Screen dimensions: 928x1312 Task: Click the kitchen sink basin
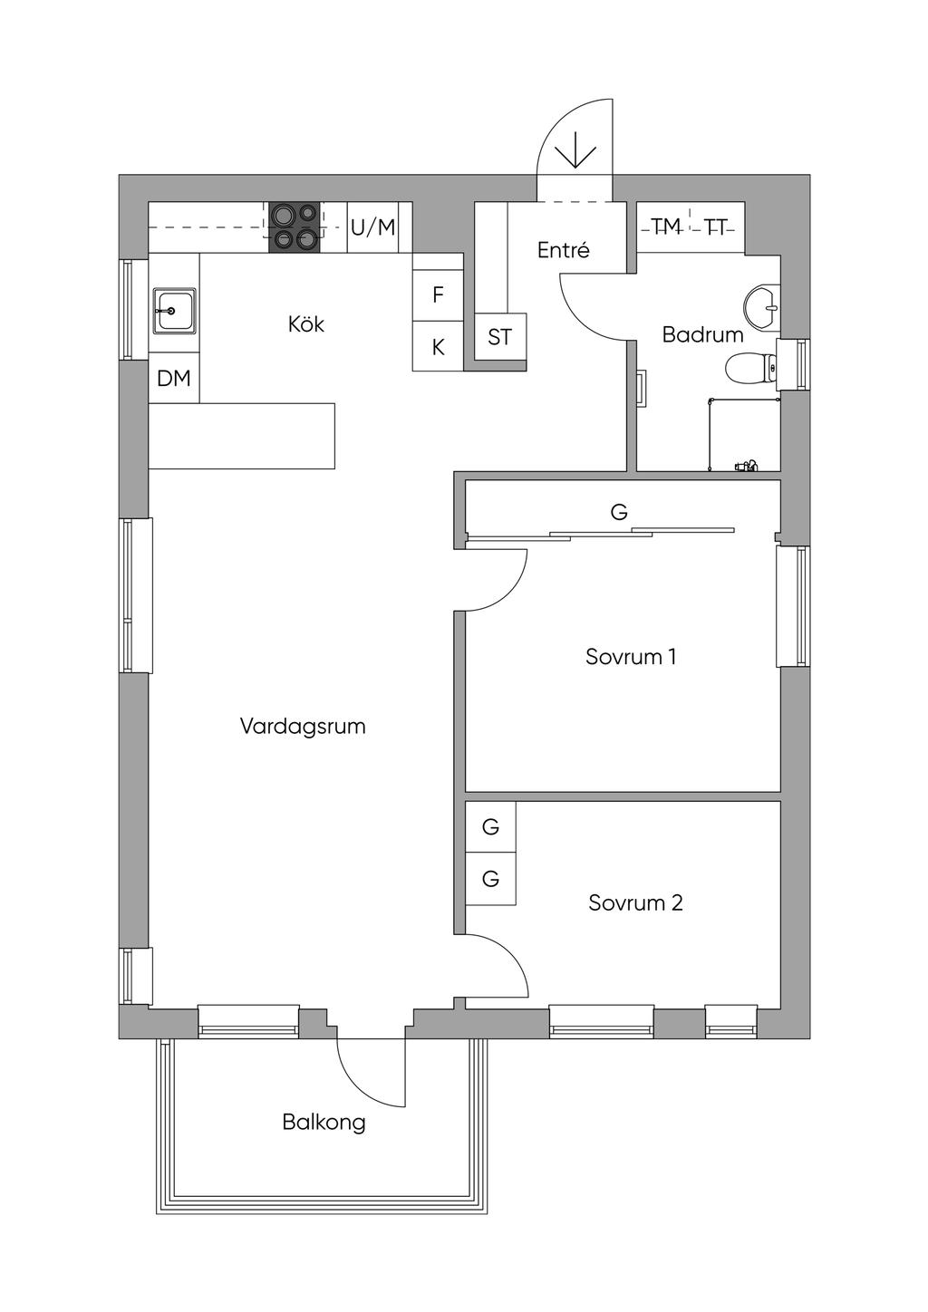coord(174,311)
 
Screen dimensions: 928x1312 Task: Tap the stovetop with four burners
coord(295,227)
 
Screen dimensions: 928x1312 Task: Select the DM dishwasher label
coord(174,379)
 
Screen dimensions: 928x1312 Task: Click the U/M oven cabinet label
coord(373,227)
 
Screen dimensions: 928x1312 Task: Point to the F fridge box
coord(438,294)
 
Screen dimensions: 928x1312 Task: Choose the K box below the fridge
coord(438,346)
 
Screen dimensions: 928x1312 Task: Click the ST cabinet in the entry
coord(499,337)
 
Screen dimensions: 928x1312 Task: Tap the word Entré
coord(563,250)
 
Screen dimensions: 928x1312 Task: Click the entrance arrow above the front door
coord(575,150)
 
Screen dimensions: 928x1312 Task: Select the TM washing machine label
coord(666,226)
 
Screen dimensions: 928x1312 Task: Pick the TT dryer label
coord(717,227)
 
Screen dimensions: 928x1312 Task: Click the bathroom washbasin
coord(762,305)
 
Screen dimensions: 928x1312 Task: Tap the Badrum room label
coord(703,335)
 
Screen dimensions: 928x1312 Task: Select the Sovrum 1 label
coord(631,657)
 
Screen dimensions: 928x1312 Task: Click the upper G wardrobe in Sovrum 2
coord(490,826)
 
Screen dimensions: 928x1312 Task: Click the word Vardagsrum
coord(303,727)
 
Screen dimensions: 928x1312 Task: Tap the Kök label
coord(305,323)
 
